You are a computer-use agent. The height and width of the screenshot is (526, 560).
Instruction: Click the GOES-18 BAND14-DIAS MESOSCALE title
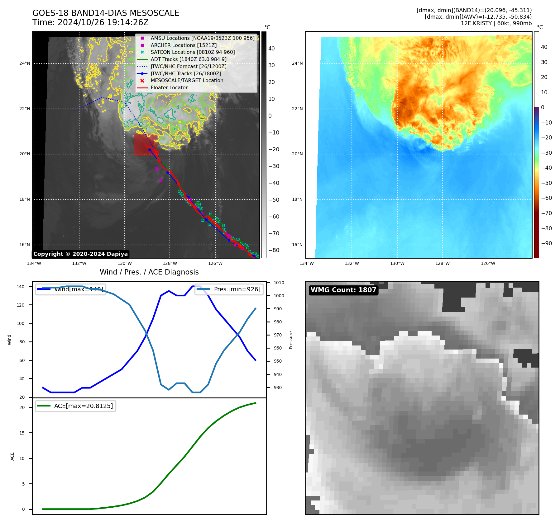[106, 13]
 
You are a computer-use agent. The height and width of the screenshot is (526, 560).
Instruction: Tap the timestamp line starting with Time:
[90, 22]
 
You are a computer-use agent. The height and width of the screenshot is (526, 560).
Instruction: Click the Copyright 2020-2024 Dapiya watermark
[80, 254]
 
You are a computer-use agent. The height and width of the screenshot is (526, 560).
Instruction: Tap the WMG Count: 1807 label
[343, 290]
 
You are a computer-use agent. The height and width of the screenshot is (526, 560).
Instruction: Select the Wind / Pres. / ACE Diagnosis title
[149, 272]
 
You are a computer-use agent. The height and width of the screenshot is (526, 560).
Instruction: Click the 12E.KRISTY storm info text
[496, 23]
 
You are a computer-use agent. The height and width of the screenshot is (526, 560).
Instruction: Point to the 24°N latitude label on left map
[25, 63]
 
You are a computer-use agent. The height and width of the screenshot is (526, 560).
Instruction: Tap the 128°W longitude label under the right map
[442, 263]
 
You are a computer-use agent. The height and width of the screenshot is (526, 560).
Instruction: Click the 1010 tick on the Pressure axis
[279, 283]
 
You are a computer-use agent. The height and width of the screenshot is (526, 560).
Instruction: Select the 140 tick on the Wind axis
[21, 287]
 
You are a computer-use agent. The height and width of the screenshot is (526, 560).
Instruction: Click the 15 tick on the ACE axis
[22, 433]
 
